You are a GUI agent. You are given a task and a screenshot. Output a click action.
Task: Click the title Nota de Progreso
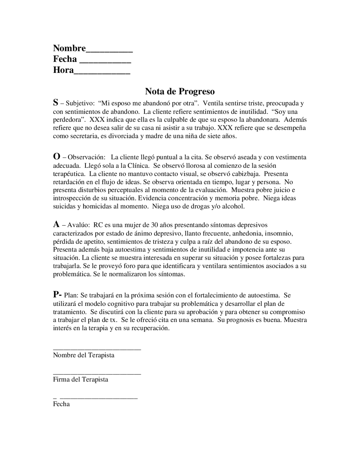[180, 91]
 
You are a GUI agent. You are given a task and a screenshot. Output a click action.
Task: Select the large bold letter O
[56, 156]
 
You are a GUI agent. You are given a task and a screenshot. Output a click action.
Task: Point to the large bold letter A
[56, 224]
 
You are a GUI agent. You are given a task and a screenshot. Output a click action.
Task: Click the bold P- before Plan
[57, 294]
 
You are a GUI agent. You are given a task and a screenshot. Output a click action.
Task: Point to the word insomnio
[280, 233]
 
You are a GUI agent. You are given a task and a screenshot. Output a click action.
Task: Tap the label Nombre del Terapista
[84, 355]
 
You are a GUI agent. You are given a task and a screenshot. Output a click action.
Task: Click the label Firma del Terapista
[80, 380]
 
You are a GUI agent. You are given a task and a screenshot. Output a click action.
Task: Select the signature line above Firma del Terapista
[97, 374]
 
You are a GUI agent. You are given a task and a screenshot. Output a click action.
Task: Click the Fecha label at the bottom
[61, 404]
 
